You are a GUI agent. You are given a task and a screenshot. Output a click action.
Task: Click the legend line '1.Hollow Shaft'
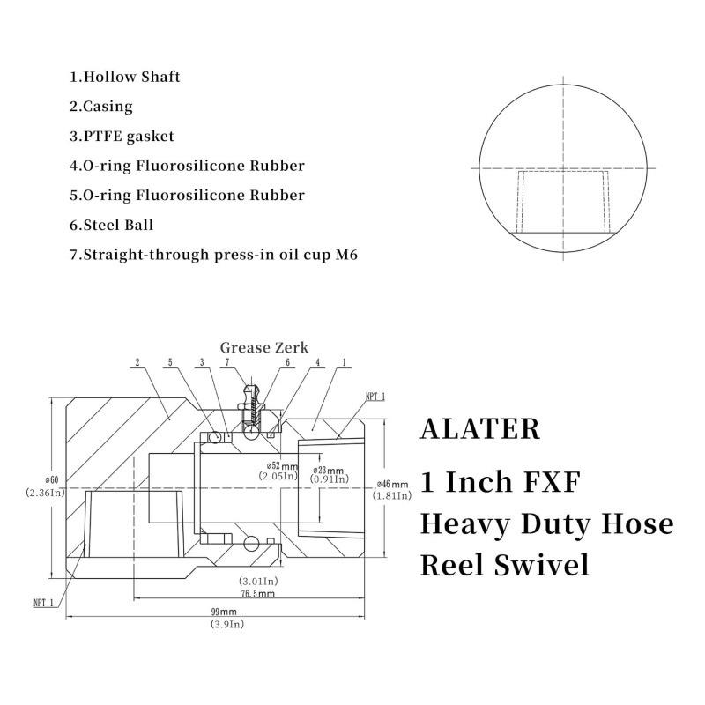click(124, 77)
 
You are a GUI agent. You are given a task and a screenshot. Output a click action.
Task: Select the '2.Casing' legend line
click(101, 107)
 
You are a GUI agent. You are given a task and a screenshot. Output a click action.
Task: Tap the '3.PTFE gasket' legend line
click(122, 137)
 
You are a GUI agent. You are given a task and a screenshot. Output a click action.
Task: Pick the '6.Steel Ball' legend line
click(111, 225)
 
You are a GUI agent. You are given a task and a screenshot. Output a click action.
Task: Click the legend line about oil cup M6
click(213, 255)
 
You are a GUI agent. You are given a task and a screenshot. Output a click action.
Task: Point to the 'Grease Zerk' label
click(264, 347)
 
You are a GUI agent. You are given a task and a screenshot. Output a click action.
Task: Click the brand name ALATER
click(480, 428)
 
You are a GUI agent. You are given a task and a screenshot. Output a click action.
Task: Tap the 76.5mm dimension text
click(257, 593)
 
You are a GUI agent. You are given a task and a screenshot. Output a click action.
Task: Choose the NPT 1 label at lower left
click(43, 603)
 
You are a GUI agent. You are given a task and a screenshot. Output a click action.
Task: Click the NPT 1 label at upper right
click(375, 397)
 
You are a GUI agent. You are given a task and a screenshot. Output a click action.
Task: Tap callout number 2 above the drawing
click(137, 362)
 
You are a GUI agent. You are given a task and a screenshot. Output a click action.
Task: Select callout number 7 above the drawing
click(227, 362)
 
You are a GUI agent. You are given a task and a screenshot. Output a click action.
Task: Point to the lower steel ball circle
click(251, 544)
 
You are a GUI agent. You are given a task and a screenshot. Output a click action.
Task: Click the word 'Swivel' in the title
click(541, 565)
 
